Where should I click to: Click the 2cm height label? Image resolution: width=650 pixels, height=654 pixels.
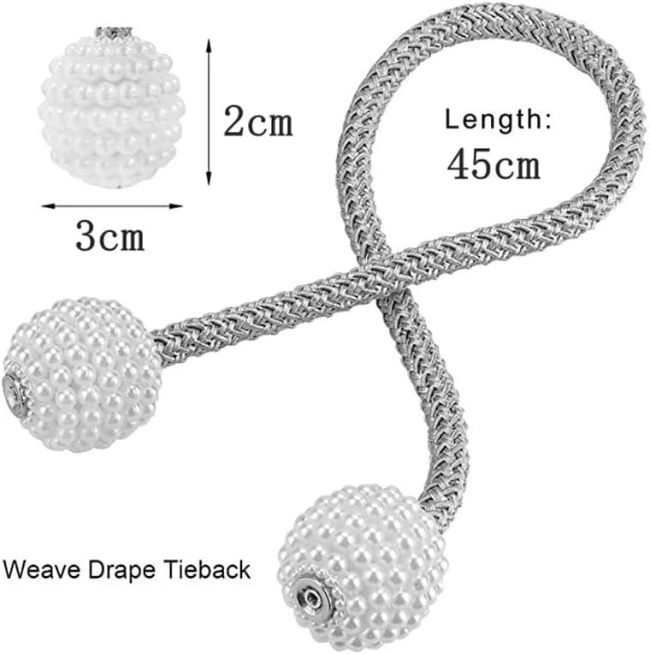click(258, 121)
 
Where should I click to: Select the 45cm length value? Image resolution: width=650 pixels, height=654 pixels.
click(493, 163)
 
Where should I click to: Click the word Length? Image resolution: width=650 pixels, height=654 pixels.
click(493, 120)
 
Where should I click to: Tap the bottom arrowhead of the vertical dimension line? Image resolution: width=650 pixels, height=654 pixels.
click(209, 178)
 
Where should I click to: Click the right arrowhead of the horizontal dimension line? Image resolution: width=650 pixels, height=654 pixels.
click(175, 206)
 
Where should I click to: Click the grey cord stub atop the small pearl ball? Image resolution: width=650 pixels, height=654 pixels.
click(114, 33)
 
